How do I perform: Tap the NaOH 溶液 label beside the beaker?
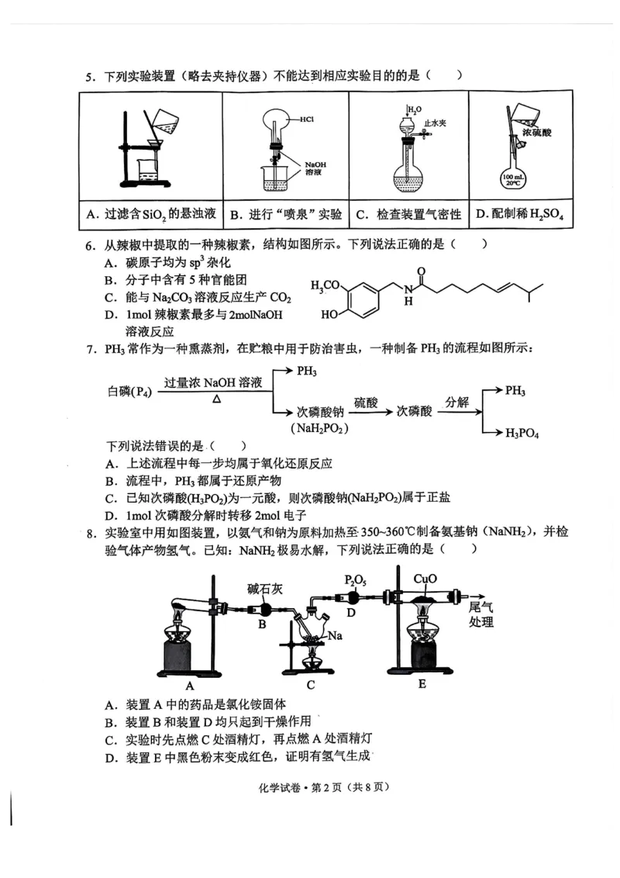point(315,169)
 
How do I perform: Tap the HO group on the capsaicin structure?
point(328,316)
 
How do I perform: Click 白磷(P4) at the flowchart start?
point(129,392)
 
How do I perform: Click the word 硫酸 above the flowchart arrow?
point(367,403)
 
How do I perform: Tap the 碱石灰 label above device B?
point(265,588)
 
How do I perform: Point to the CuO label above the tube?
point(425,579)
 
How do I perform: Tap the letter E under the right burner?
point(422,684)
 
